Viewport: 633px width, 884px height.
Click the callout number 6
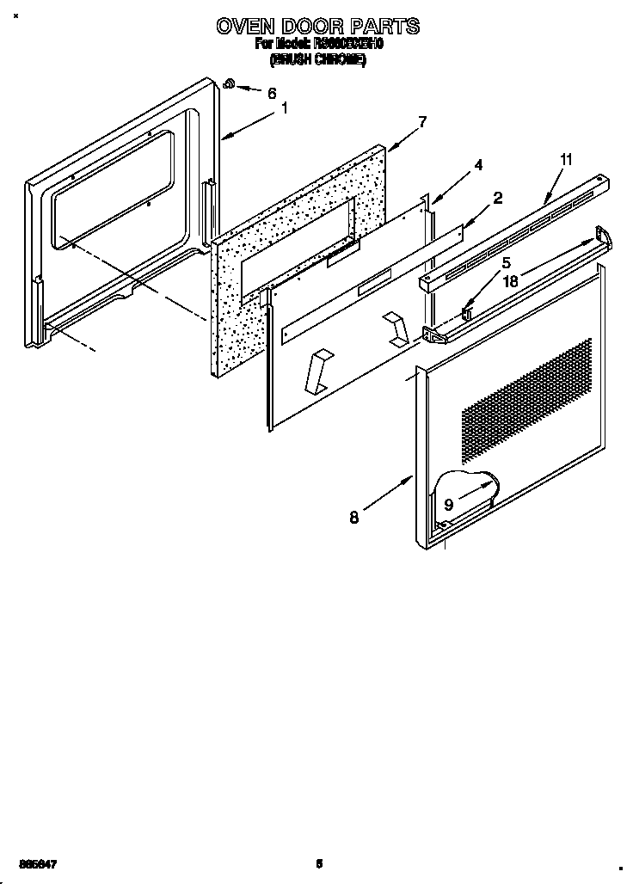point(272,93)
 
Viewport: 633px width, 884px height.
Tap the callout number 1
point(285,108)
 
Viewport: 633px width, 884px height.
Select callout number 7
point(421,121)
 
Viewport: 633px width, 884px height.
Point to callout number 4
point(478,165)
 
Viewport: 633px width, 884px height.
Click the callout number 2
point(497,199)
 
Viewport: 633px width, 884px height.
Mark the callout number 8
point(354,517)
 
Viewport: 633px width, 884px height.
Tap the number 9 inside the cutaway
point(449,505)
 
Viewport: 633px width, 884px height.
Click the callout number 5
point(507,263)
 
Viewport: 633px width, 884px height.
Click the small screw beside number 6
point(230,83)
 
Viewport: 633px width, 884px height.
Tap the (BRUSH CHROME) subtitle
point(318,61)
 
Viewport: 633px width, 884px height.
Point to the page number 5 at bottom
point(318,863)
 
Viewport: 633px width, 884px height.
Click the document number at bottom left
point(28,863)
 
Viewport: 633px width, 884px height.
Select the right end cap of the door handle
point(603,237)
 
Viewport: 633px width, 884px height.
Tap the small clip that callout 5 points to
point(467,312)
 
